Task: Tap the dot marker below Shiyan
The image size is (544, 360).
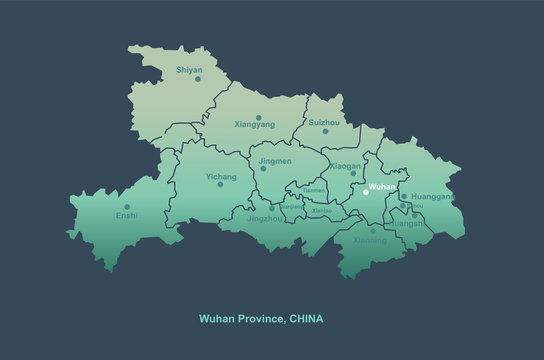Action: [198, 79]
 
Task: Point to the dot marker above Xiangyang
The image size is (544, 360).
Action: [258, 116]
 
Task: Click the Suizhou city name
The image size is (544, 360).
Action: [324, 122]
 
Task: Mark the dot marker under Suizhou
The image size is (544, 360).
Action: [324, 131]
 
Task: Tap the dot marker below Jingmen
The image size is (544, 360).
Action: [263, 169]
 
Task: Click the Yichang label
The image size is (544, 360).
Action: [221, 177]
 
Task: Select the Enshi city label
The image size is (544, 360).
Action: [127, 215]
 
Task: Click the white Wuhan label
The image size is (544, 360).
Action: [382, 186]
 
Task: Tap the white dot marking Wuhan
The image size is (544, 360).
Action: [366, 193]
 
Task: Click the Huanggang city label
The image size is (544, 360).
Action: [432, 197]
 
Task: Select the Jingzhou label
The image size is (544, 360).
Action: [265, 217]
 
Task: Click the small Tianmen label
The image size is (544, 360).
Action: [314, 188]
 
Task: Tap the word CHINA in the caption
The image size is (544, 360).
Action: [306, 318]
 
